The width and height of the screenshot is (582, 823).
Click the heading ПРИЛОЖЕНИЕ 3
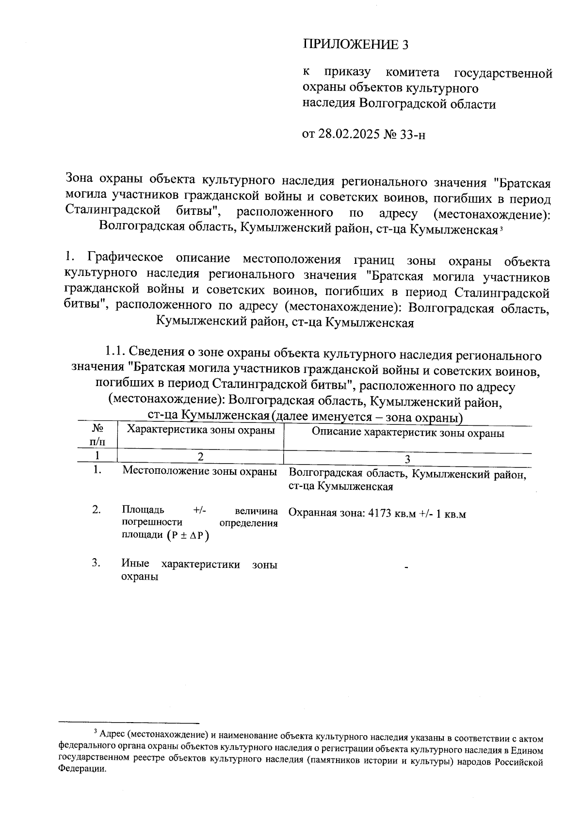pos(356,45)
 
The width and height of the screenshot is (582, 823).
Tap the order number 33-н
pos(412,133)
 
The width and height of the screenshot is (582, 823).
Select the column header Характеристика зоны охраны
pos(200,430)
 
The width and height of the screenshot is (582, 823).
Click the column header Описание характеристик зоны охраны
pos(407,433)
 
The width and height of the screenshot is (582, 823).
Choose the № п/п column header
pos(97,435)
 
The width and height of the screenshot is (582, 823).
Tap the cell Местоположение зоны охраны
pos(199,471)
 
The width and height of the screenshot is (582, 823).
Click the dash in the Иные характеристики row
pos(406,567)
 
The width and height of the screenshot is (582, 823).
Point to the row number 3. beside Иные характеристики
pos(97,563)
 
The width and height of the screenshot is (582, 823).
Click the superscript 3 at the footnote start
pos(96,732)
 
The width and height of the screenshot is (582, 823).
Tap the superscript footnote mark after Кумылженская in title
pos(500,228)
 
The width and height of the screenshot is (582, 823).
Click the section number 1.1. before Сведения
pos(116,351)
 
